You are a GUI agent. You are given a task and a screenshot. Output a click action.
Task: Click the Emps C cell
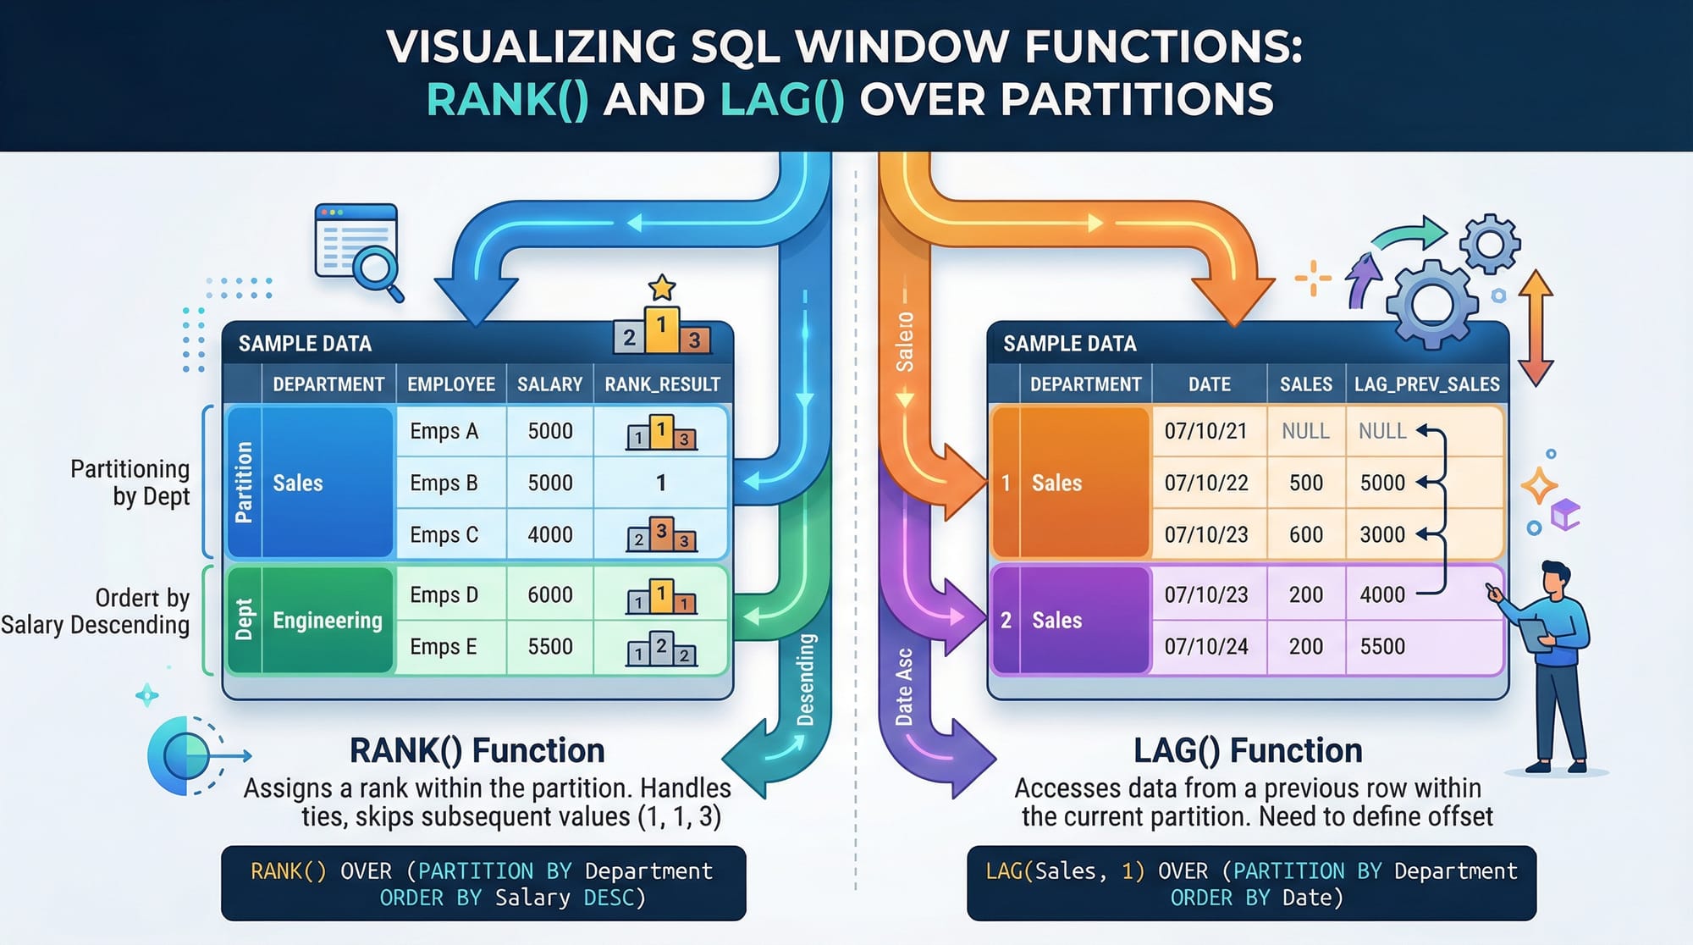444,535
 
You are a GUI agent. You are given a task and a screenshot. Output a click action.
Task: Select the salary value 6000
550,595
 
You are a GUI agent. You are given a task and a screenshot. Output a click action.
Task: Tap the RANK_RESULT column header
662,384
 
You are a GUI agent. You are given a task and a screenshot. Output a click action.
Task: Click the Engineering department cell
328,621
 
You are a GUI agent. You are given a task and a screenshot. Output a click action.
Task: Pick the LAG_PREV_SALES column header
1426,384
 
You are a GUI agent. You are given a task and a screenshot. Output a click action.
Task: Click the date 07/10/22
1206,484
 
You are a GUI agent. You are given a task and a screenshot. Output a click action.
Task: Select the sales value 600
1305,535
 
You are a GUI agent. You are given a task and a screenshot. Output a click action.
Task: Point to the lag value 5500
1382,647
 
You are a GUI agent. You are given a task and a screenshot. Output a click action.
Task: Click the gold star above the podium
661,288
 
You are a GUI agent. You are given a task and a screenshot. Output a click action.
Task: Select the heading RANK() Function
477,751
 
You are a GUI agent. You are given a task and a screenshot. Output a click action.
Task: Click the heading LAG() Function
1248,751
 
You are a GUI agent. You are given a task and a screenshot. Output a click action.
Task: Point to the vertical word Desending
805,680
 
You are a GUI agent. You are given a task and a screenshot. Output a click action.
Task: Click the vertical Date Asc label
904,687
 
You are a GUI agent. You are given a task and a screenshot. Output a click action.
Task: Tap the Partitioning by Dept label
130,483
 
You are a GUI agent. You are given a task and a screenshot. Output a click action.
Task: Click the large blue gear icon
1432,302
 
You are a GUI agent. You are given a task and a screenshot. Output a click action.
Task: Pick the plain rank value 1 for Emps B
661,484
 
